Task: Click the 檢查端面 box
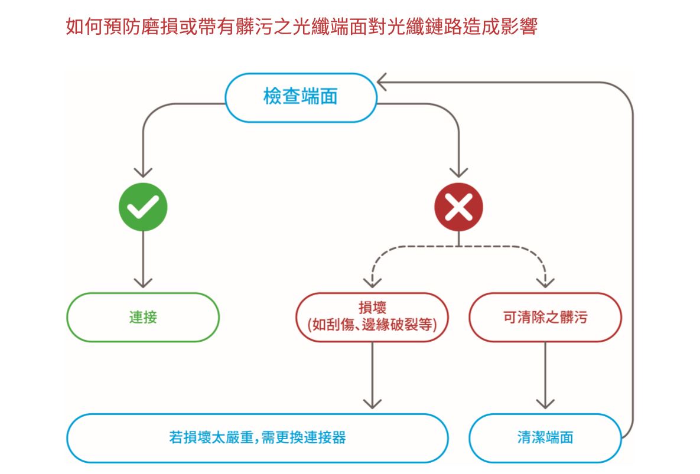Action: click(x=301, y=97)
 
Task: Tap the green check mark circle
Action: click(x=143, y=207)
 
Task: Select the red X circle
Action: click(x=458, y=207)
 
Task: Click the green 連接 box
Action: click(x=143, y=317)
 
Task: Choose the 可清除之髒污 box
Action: click(x=545, y=317)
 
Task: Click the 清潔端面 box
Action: click(x=545, y=437)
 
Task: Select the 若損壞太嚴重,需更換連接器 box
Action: click(x=257, y=437)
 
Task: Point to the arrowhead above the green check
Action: click(x=143, y=172)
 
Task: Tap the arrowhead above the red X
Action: click(x=458, y=172)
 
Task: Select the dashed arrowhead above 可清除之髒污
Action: click(x=545, y=282)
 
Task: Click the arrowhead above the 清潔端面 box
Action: click(x=545, y=404)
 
